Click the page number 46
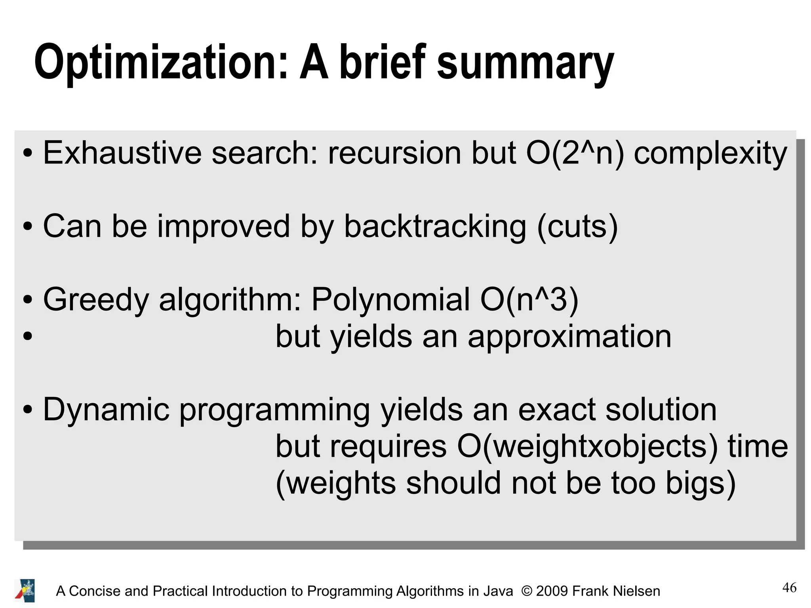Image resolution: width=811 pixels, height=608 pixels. tap(789, 587)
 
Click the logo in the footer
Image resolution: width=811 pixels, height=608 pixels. tap(25, 591)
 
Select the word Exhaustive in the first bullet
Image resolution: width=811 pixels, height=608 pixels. tap(122, 153)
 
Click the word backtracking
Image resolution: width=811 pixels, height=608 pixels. tap(435, 227)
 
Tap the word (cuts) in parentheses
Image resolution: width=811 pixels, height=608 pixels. tap(577, 227)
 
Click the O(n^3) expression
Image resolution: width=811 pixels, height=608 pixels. tap(529, 299)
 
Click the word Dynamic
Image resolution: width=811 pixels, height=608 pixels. tap(106, 410)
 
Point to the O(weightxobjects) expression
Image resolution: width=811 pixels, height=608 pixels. tap(587, 447)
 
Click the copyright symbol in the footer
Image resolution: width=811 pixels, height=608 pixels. tap(527, 591)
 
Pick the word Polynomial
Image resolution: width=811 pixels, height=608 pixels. tap(390, 300)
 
